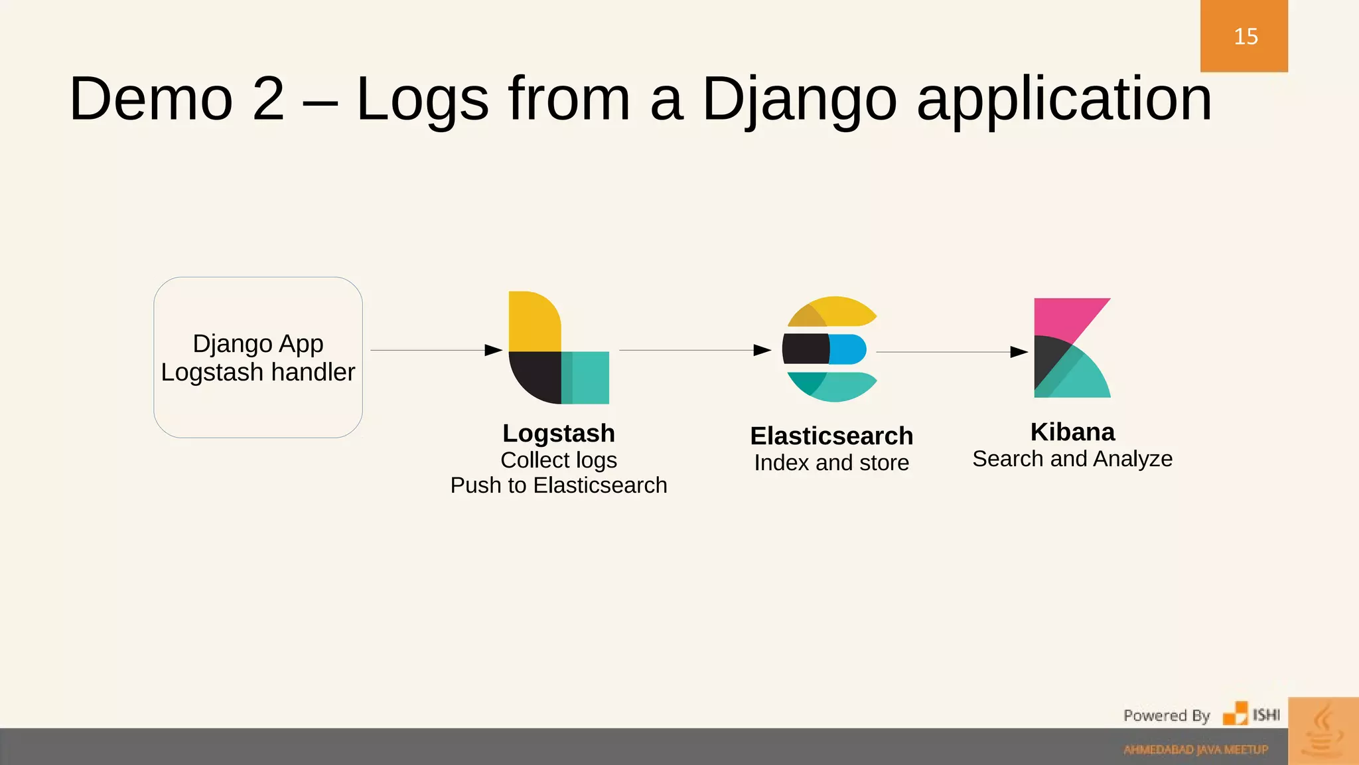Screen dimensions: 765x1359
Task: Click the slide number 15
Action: tap(1246, 37)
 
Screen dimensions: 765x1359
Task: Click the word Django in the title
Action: tap(799, 100)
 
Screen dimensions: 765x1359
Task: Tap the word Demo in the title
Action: tap(151, 100)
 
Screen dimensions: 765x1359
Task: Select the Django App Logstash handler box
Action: tap(258, 357)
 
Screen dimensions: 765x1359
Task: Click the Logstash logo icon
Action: tap(558, 348)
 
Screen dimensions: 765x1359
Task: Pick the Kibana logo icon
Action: tap(1072, 348)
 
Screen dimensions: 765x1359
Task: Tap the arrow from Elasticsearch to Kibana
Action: tap(952, 352)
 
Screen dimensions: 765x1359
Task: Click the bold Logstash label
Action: tap(559, 433)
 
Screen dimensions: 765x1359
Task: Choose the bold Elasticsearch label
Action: tap(831, 436)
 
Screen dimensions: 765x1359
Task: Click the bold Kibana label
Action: tap(1072, 432)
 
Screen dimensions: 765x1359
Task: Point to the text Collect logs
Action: tap(559, 460)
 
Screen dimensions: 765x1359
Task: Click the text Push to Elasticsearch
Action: tap(559, 485)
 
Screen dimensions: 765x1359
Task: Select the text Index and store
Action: tap(831, 462)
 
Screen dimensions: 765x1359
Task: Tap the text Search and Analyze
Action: tap(1072, 458)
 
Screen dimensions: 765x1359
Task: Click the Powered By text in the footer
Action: tap(1166, 715)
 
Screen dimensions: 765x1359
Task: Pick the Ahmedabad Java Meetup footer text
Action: tap(1195, 750)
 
